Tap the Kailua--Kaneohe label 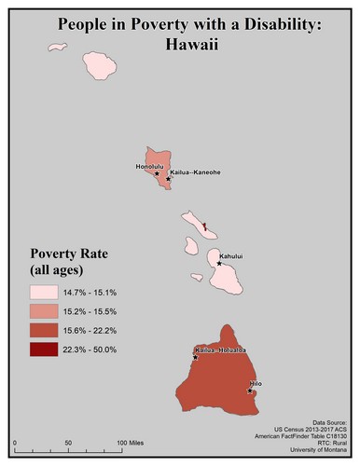194,172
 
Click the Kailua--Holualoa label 218,351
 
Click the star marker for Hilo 250,391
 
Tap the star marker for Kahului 219,264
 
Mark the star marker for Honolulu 156,173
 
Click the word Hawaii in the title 181,43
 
